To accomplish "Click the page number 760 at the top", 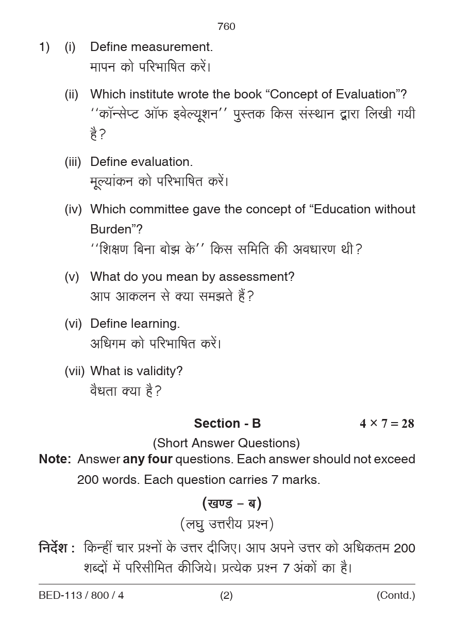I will (x=226, y=27).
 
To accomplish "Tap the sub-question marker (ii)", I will (x=71, y=94).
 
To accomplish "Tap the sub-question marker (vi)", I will (x=73, y=324).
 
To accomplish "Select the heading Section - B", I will (x=227, y=424).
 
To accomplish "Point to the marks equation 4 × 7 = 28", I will (x=386, y=424).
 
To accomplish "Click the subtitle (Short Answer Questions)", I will (x=226, y=443).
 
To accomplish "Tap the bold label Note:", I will (x=55, y=459).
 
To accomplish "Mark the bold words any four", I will (x=147, y=459).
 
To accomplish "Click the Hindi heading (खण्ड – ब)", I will (x=231, y=503).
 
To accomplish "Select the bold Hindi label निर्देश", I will (x=54, y=548).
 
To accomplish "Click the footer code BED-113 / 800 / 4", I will (x=81, y=596).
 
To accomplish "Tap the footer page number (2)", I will (x=226, y=596).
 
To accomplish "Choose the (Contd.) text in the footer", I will (x=395, y=596).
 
